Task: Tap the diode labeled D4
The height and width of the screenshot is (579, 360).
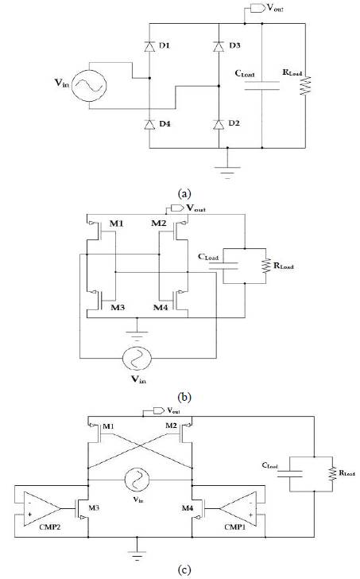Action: coord(149,124)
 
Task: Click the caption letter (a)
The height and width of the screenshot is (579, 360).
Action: coord(184,192)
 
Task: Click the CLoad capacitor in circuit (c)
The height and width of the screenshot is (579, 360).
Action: coord(296,472)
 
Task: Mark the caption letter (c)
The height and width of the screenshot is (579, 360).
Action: coord(183,569)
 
